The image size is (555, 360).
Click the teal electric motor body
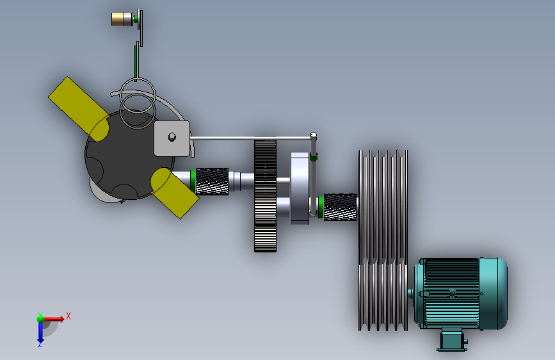pyautogui.click(x=460, y=293)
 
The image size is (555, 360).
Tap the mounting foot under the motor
pyautogui.click(x=453, y=340)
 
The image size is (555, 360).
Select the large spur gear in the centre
pyautogui.click(x=265, y=196)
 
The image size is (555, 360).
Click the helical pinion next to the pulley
pyautogui.click(x=340, y=207)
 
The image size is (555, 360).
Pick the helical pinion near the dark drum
pyautogui.click(x=212, y=181)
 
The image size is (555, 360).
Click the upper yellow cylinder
pyautogui.click(x=79, y=109)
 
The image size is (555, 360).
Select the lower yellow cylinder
pyautogui.click(x=175, y=193)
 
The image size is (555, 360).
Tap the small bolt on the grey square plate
pyautogui.click(x=172, y=136)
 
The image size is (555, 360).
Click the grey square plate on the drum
pyautogui.click(x=172, y=138)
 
